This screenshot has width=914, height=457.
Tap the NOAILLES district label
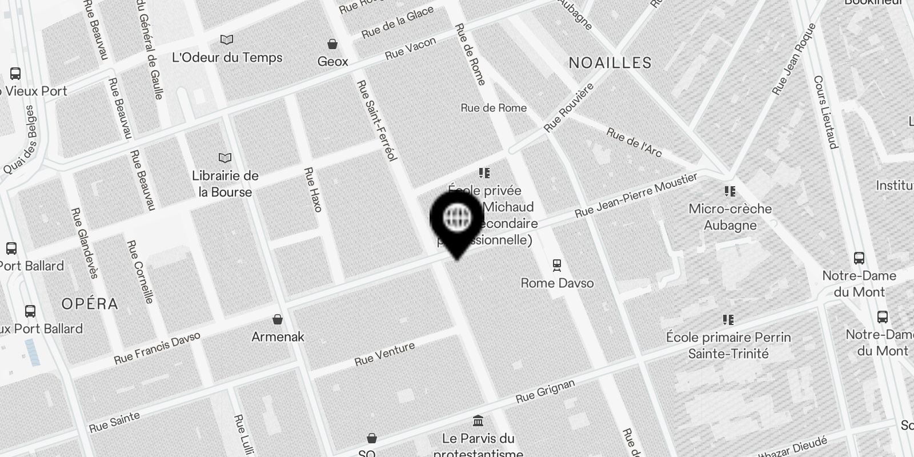point(610,63)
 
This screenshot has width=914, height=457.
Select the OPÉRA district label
point(90,303)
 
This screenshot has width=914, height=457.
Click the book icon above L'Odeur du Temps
point(227,40)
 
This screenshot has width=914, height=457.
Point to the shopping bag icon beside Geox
point(332,44)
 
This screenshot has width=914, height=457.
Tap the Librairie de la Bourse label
point(225,184)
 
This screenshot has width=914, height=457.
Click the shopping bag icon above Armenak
point(278,319)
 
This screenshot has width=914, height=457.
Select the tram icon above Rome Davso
point(557,265)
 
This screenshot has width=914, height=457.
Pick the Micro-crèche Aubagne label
point(730,217)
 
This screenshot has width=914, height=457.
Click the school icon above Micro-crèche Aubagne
point(729,191)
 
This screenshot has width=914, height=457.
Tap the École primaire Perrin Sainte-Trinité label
point(728,345)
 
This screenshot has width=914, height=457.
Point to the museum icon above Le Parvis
point(478,422)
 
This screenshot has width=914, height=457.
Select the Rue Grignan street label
point(545,391)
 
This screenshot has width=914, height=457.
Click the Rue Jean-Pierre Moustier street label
point(636,196)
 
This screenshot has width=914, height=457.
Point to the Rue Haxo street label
point(313,189)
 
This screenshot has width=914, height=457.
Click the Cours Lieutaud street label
point(825,112)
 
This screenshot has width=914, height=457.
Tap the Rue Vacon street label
point(410,49)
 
